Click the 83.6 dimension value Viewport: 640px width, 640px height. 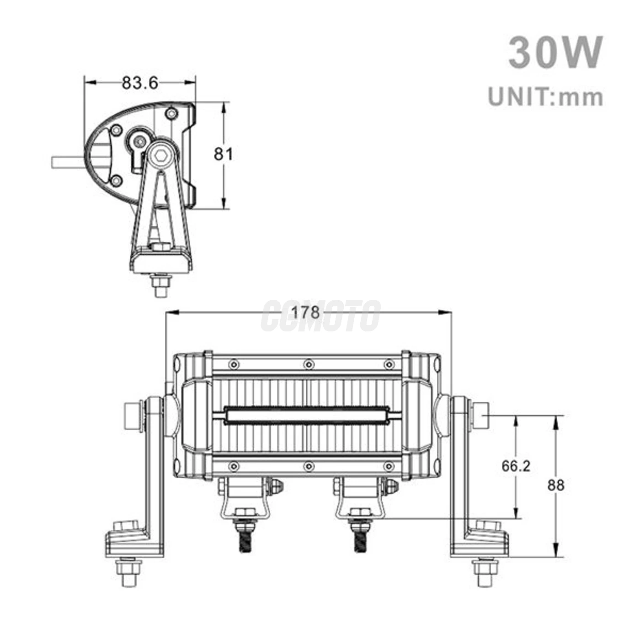[x=139, y=83]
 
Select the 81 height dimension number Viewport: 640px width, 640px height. [x=224, y=154]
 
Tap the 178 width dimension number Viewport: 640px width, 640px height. [x=305, y=312]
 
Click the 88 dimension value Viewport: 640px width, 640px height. [x=556, y=485]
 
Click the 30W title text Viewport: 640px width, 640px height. [x=555, y=53]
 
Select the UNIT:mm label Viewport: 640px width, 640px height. [x=545, y=97]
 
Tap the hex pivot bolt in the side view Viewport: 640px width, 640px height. [x=161, y=155]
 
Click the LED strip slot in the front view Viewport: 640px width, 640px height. [x=307, y=416]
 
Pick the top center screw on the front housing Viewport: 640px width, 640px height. [x=309, y=364]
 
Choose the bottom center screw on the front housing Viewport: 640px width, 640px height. [x=309, y=466]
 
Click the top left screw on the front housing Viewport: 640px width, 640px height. [x=234, y=364]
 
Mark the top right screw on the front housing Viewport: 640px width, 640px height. [x=389, y=364]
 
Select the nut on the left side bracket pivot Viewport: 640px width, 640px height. [x=133, y=415]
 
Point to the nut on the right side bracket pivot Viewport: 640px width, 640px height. [x=480, y=415]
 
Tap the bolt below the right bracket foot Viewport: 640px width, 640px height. [x=485, y=572]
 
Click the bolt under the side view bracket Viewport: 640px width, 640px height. [x=160, y=286]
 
